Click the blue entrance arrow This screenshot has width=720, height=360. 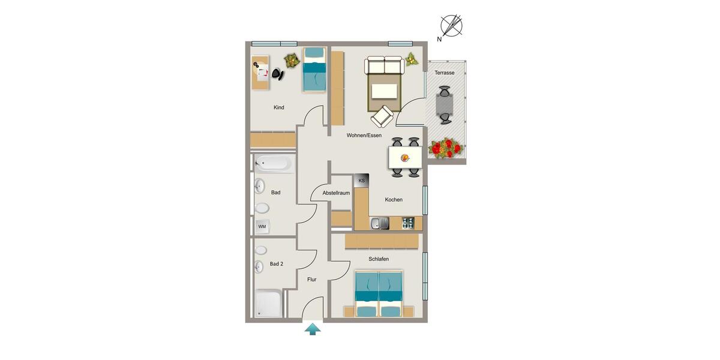click(x=312, y=329)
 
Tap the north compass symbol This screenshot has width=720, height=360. click(x=451, y=26)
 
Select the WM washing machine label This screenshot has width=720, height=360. click(x=262, y=226)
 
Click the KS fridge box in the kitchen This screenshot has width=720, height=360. click(x=361, y=181)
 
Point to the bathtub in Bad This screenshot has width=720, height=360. click(x=274, y=163)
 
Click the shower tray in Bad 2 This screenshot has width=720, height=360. click(x=268, y=304)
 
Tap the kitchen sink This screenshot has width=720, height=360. click(x=379, y=224)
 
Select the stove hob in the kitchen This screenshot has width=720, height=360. click(x=408, y=223)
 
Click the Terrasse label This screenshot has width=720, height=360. click(x=445, y=73)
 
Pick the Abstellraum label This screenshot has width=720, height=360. click(x=336, y=193)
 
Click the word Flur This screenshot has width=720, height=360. click(x=312, y=280)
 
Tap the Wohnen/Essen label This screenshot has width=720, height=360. click(x=364, y=136)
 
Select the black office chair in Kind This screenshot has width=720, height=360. click(x=277, y=73)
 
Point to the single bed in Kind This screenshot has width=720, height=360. click(x=314, y=70)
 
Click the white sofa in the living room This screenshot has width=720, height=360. click(x=384, y=65)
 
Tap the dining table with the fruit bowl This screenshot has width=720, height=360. click(x=405, y=158)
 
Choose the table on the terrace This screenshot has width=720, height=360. click(x=445, y=105)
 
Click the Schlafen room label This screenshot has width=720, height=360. click(x=379, y=259)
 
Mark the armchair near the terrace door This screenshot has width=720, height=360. click(x=382, y=116)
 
